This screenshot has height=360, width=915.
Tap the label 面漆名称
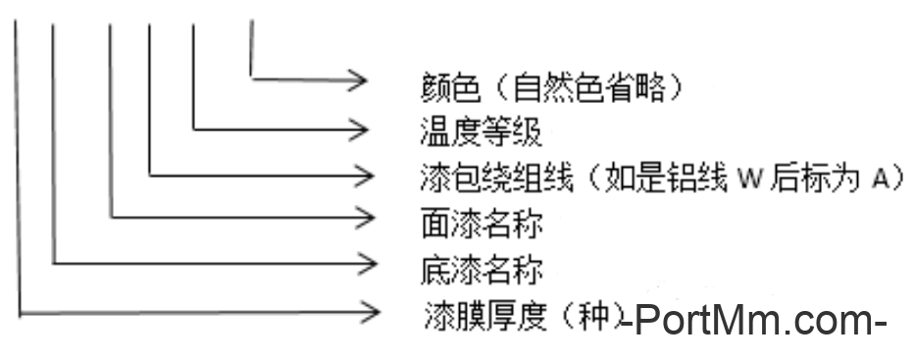[480, 223]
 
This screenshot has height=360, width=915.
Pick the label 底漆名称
[480, 267]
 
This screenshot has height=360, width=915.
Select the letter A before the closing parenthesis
[879, 179]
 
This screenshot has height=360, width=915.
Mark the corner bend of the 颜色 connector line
[252, 77]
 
